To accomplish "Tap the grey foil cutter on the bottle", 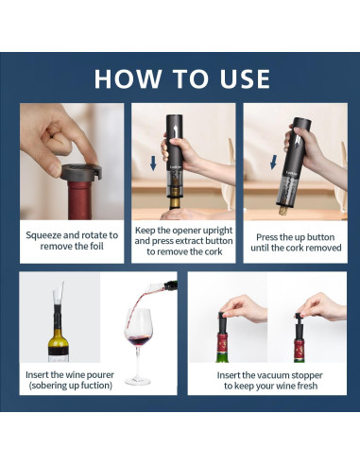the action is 81,172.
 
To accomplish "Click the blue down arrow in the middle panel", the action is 153,164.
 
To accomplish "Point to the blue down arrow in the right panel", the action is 274,162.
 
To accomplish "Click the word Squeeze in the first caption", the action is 43,235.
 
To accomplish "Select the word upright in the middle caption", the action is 217,231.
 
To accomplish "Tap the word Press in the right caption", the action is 266,237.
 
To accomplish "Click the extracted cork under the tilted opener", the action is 283,211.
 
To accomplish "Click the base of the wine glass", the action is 138,381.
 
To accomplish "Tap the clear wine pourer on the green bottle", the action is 59,294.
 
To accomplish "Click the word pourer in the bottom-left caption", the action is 100,375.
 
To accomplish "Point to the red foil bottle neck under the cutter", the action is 80,200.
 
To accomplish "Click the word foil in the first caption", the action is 96,246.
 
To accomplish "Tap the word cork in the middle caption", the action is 214,251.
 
